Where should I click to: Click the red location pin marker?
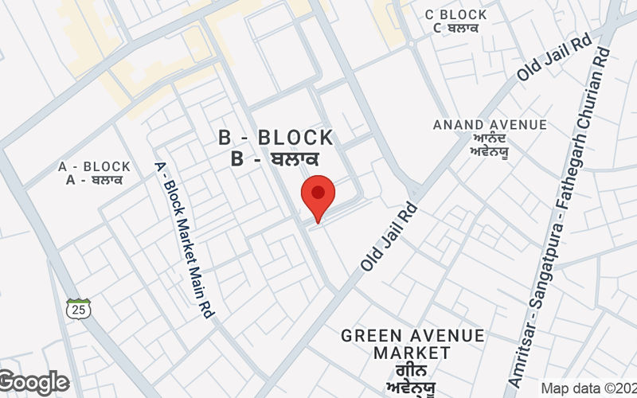[x=318, y=197]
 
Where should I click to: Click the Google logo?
[x=34, y=383]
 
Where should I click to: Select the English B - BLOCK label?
[x=276, y=138]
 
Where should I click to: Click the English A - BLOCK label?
[x=94, y=166]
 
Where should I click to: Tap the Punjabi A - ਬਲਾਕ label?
[x=94, y=179]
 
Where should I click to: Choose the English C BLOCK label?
[x=455, y=14]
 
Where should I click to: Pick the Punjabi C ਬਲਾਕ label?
[x=455, y=28]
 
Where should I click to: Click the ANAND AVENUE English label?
[x=489, y=125]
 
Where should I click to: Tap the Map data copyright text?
[x=588, y=388]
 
